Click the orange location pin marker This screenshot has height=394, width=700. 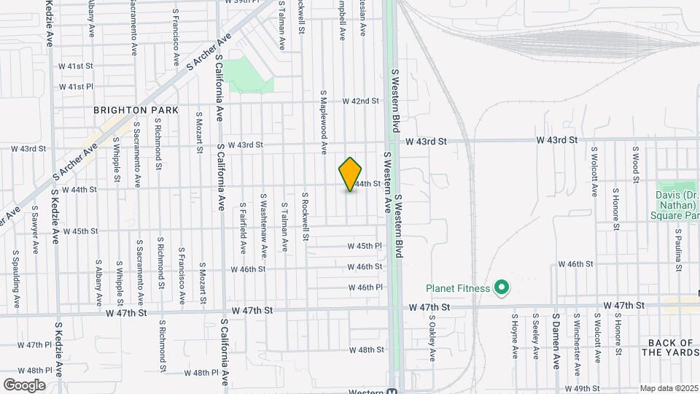coord(350,174)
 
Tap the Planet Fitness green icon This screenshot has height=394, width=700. coord(501,288)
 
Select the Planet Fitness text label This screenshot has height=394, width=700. coord(459,288)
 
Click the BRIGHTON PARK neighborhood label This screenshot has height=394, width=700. coord(136,110)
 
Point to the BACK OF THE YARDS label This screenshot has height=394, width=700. coord(670,347)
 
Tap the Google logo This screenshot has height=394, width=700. coord(24,385)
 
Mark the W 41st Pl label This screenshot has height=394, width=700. coord(77,86)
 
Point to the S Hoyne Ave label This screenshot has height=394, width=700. coord(515,336)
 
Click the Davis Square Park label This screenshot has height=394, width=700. coord(677,200)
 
